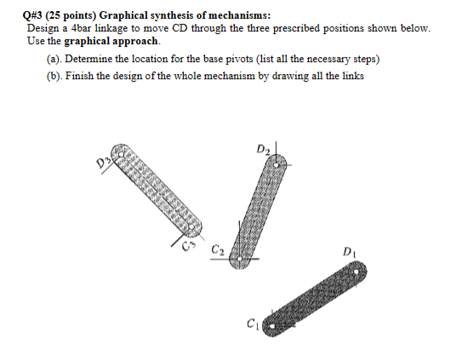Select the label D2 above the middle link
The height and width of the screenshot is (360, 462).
[x=262, y=151]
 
